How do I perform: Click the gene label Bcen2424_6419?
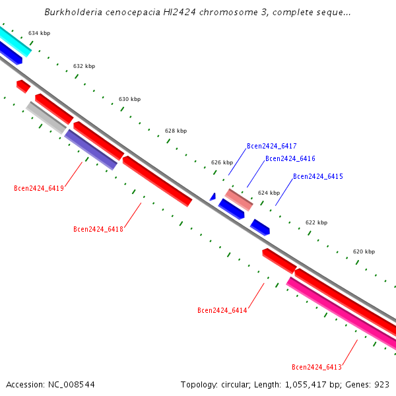(x=39, y=188)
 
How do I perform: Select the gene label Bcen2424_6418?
(x=98, y=229)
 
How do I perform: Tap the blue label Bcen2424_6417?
(x=271, y=146)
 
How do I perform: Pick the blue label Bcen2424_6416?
(x=290, y=158)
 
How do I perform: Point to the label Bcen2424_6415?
(x=317, y=176)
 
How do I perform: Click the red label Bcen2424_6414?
(x=222, y=310)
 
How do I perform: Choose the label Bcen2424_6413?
(x=317, y=367)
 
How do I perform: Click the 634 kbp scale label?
(x=39, y=33)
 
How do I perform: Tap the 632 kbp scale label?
(x=84, y=66)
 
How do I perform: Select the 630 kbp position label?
(x=129, y=99)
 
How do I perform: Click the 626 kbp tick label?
(x=222, y=162)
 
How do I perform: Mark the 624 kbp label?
(x=269, y=193)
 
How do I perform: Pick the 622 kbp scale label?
(x=316, y=222)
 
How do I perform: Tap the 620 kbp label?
(x=364, y=251)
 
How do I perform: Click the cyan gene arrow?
(x=13, y=40)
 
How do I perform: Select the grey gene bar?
(x=46, y=117)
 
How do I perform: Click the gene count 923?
(x=382, y=384)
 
